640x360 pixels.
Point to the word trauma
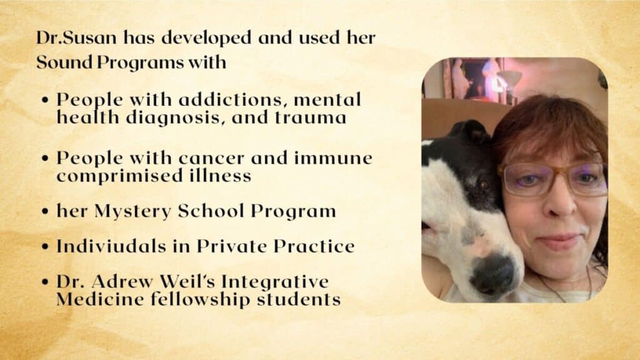coord(311,117)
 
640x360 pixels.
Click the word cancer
coord(211,158)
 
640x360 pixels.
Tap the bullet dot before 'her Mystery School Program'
coord(45,211)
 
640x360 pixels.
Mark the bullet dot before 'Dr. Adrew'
coord(45,282)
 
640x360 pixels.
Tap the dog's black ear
coord(470,132)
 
